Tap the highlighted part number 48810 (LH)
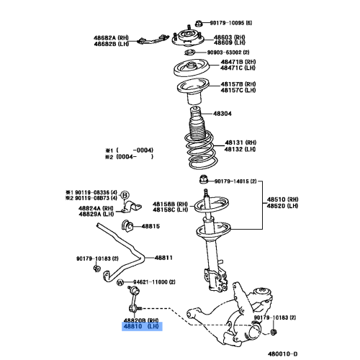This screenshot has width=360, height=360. coord(142,326)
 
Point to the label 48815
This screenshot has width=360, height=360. coord(151,226)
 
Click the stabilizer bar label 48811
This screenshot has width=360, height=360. coord(166,257)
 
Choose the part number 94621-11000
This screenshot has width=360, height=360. coord(151,282)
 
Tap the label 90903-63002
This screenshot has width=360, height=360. coord(228,53)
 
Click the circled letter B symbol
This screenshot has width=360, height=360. coord(123,194)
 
